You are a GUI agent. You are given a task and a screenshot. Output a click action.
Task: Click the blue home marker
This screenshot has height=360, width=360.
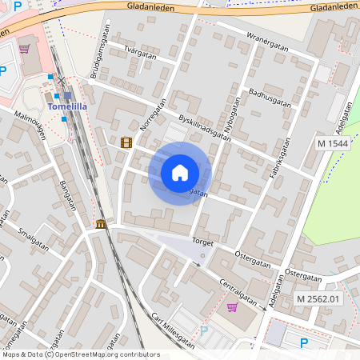tap(180, 173)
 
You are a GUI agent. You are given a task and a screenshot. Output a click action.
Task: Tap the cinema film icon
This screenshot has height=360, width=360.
tap(126, 142)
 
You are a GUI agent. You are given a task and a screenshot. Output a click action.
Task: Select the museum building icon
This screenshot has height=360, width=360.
tap(100, 224)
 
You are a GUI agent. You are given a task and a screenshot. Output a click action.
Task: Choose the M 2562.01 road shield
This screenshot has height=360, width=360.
tap(318, 299)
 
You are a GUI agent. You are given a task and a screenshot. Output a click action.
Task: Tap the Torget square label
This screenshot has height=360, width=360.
tap(202, 240)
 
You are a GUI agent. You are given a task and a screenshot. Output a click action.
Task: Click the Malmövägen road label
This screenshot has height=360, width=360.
tap(30, 129)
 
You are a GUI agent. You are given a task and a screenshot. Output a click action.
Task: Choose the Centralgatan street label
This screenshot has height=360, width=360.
tap(243, 292)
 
